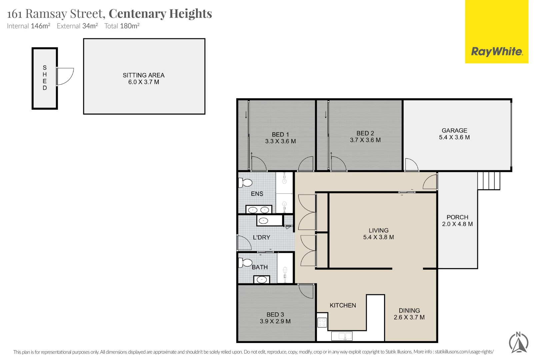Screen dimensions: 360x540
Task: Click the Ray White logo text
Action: tap(497, 52)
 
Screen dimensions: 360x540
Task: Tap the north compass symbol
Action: tap(519, 343)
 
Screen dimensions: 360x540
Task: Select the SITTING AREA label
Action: tap(144, 75)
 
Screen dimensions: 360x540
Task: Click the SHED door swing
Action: tap(65, 76)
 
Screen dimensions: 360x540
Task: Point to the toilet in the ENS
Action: tap(245, 183)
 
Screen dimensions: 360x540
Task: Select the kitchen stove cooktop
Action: tap(322, 322)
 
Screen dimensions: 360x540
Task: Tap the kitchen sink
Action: tap(342, 336)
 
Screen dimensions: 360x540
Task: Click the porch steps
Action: tap(489, 181)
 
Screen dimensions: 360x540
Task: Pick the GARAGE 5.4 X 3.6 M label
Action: tap(454, 134)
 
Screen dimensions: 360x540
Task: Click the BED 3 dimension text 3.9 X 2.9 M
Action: tap(275, 321)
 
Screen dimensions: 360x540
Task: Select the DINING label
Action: tap(409, 310)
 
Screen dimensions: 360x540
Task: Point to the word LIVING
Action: tap(378, 230)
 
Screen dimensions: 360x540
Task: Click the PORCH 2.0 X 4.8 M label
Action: tap(457, 221)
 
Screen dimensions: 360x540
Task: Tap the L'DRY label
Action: tap(261, 237)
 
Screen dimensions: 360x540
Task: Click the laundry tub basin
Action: tap(263, 221)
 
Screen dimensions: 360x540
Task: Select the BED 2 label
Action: tap(365, 133)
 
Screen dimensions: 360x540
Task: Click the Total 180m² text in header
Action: tap(122, 26)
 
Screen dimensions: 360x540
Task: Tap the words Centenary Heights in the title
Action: tap(160, 14)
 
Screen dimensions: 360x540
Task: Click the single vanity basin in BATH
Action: tap(262, 280)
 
